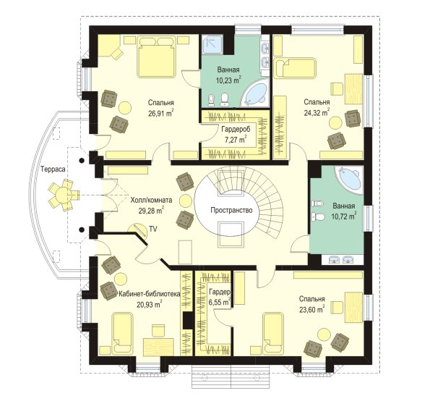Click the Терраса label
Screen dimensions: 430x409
(x=53, y=169)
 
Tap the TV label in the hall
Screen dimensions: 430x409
(x=153, y=229)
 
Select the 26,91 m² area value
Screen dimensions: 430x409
(x=161, y=113)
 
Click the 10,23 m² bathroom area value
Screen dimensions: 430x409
(x=229, y=80)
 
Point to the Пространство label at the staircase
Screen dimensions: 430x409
(x=231, y=211)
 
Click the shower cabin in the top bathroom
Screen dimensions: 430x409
(x=212, y=46)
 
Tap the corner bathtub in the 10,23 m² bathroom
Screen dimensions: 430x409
(x=256, y=94)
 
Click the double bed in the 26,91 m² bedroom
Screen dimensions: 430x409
(x=156, y=56)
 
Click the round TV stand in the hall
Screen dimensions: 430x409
(x=138, y=231)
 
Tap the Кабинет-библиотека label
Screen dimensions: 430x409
(x=150, y=294)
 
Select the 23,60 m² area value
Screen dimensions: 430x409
(x=311, y=310)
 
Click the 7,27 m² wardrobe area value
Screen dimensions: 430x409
(x=235, y=140)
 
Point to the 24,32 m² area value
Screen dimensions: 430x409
(x=317, y=113)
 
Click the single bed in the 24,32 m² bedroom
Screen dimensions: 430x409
(x=295, y=68)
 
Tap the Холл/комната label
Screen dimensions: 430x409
(x=151, y=200)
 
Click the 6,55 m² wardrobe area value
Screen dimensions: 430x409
(x=220, y=302)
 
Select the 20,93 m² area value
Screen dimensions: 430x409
(x=149, y=305)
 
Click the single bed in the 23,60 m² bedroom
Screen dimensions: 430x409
(x=273, y=333)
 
